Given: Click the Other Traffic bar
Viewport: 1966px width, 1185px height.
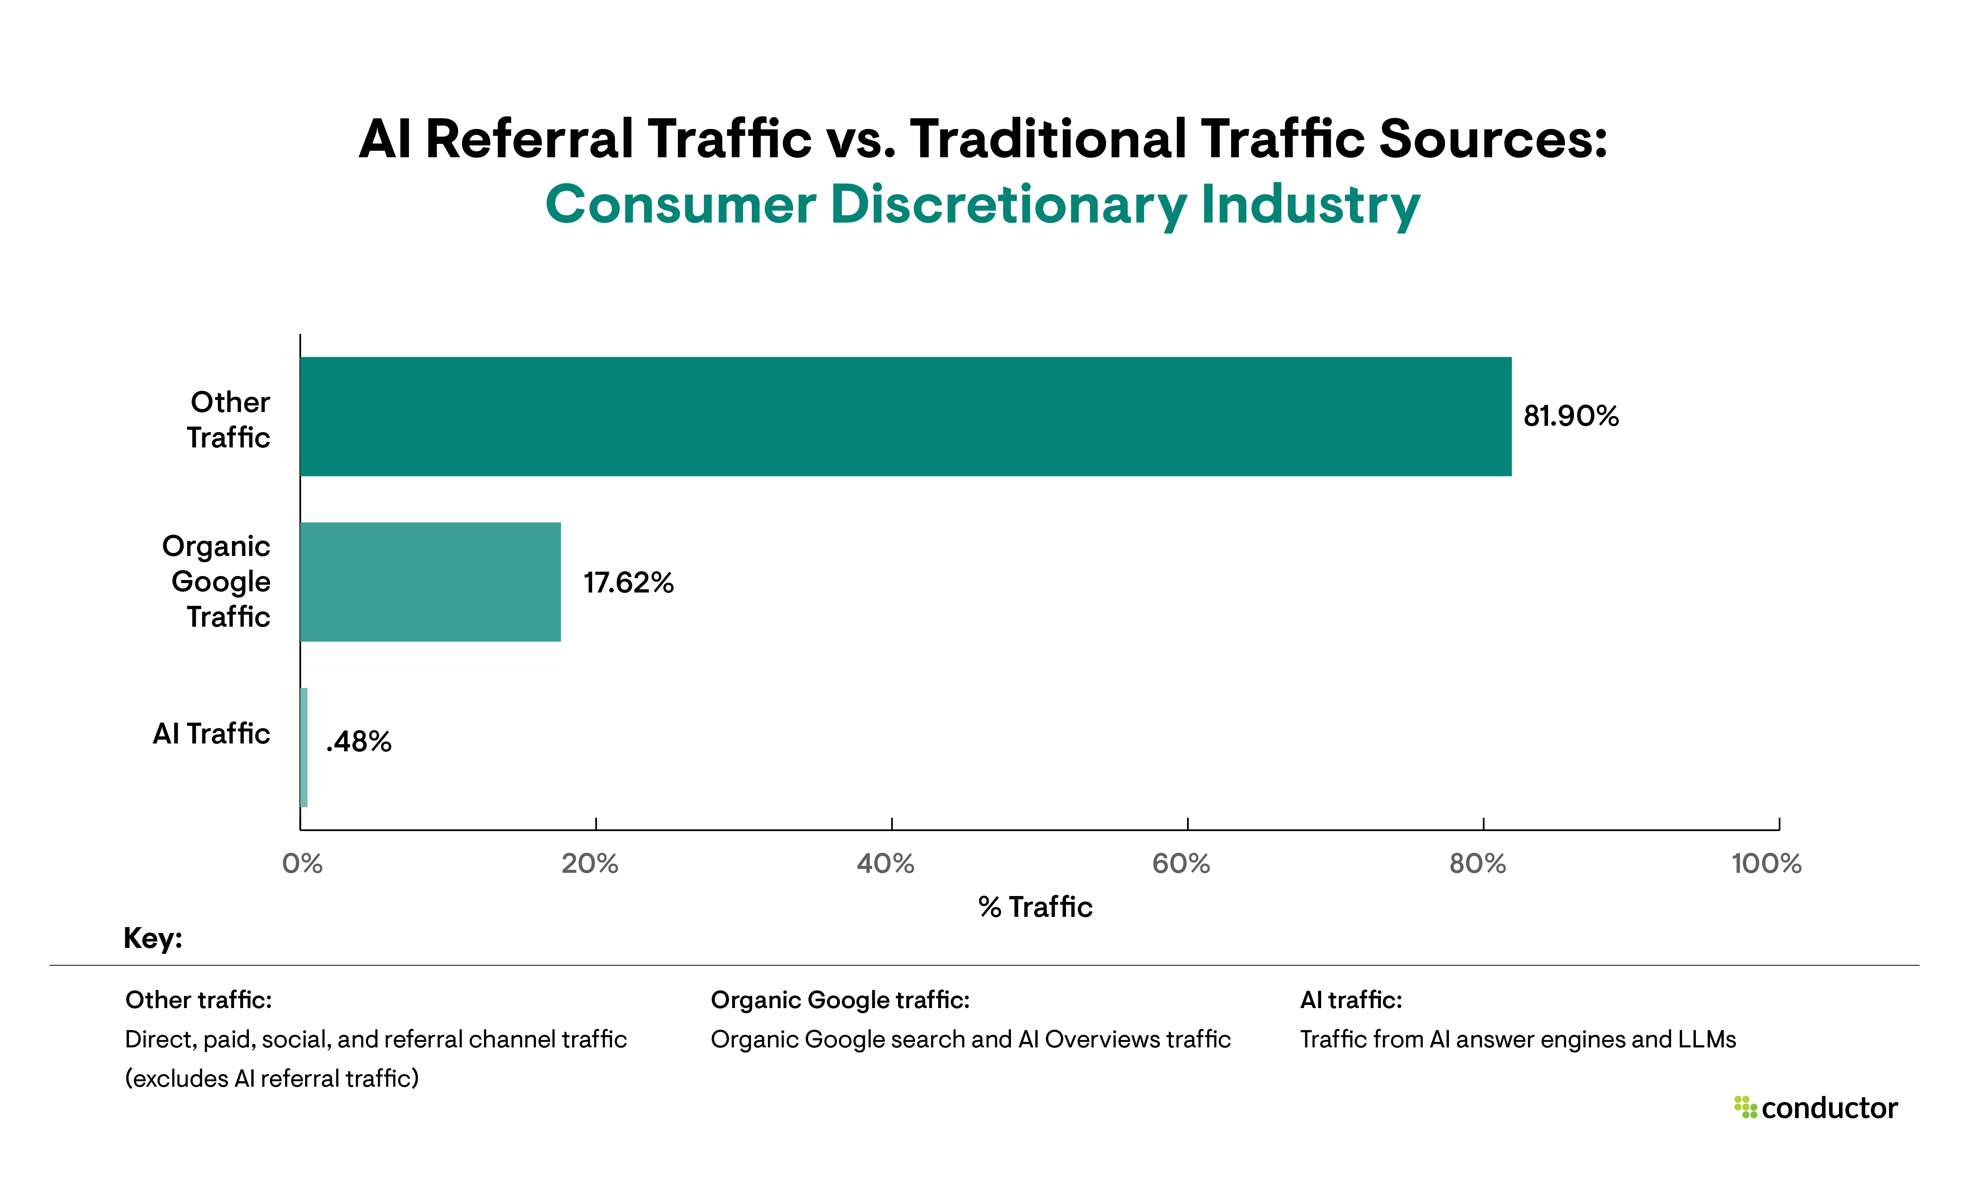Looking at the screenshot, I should click(x=906, y=416).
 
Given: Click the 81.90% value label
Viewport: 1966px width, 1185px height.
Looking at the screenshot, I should click(x=1570, y=416).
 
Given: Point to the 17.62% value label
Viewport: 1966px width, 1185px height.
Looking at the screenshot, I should click(x=628, y=583).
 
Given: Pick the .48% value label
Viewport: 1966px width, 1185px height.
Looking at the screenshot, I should click(x=359, y=742).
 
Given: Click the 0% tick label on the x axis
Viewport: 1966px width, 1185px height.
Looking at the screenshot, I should click(x=302, y=863).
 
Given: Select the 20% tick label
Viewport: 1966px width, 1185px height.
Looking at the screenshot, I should click(x=590, y=863).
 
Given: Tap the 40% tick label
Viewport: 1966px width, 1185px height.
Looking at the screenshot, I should click(x=885, y=863).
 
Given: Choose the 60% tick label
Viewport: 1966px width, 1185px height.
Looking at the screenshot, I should click(x=1181, y=863).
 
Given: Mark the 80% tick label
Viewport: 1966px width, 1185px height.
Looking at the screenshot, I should click(x=1477, y=863).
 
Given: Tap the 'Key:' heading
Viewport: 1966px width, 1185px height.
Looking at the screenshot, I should click(x=153, y=938).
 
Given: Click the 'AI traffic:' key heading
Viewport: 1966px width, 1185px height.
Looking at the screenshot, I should click(x=1351, y=1000).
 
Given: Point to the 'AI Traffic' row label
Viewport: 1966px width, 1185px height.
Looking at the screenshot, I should click(x=212, y=733).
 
